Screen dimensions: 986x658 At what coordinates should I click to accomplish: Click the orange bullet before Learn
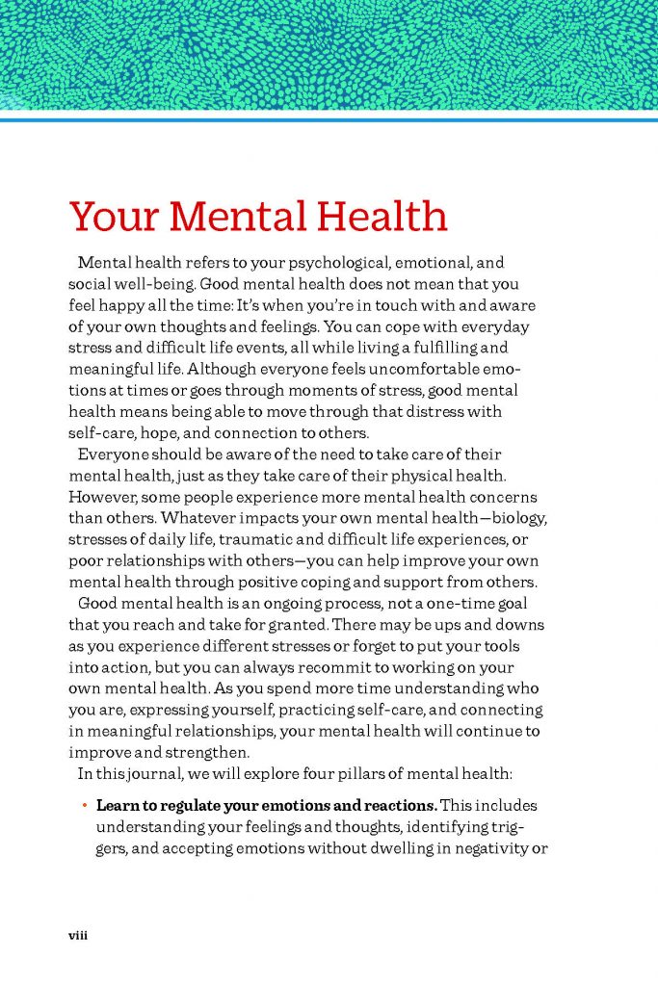click(x=85, y=805)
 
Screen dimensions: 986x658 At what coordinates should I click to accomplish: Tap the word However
click(x=103, y=497)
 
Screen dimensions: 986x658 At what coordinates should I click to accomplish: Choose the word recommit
click(x=314, y=667)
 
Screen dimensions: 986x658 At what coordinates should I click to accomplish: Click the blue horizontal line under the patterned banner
click(x=329, y=120)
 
